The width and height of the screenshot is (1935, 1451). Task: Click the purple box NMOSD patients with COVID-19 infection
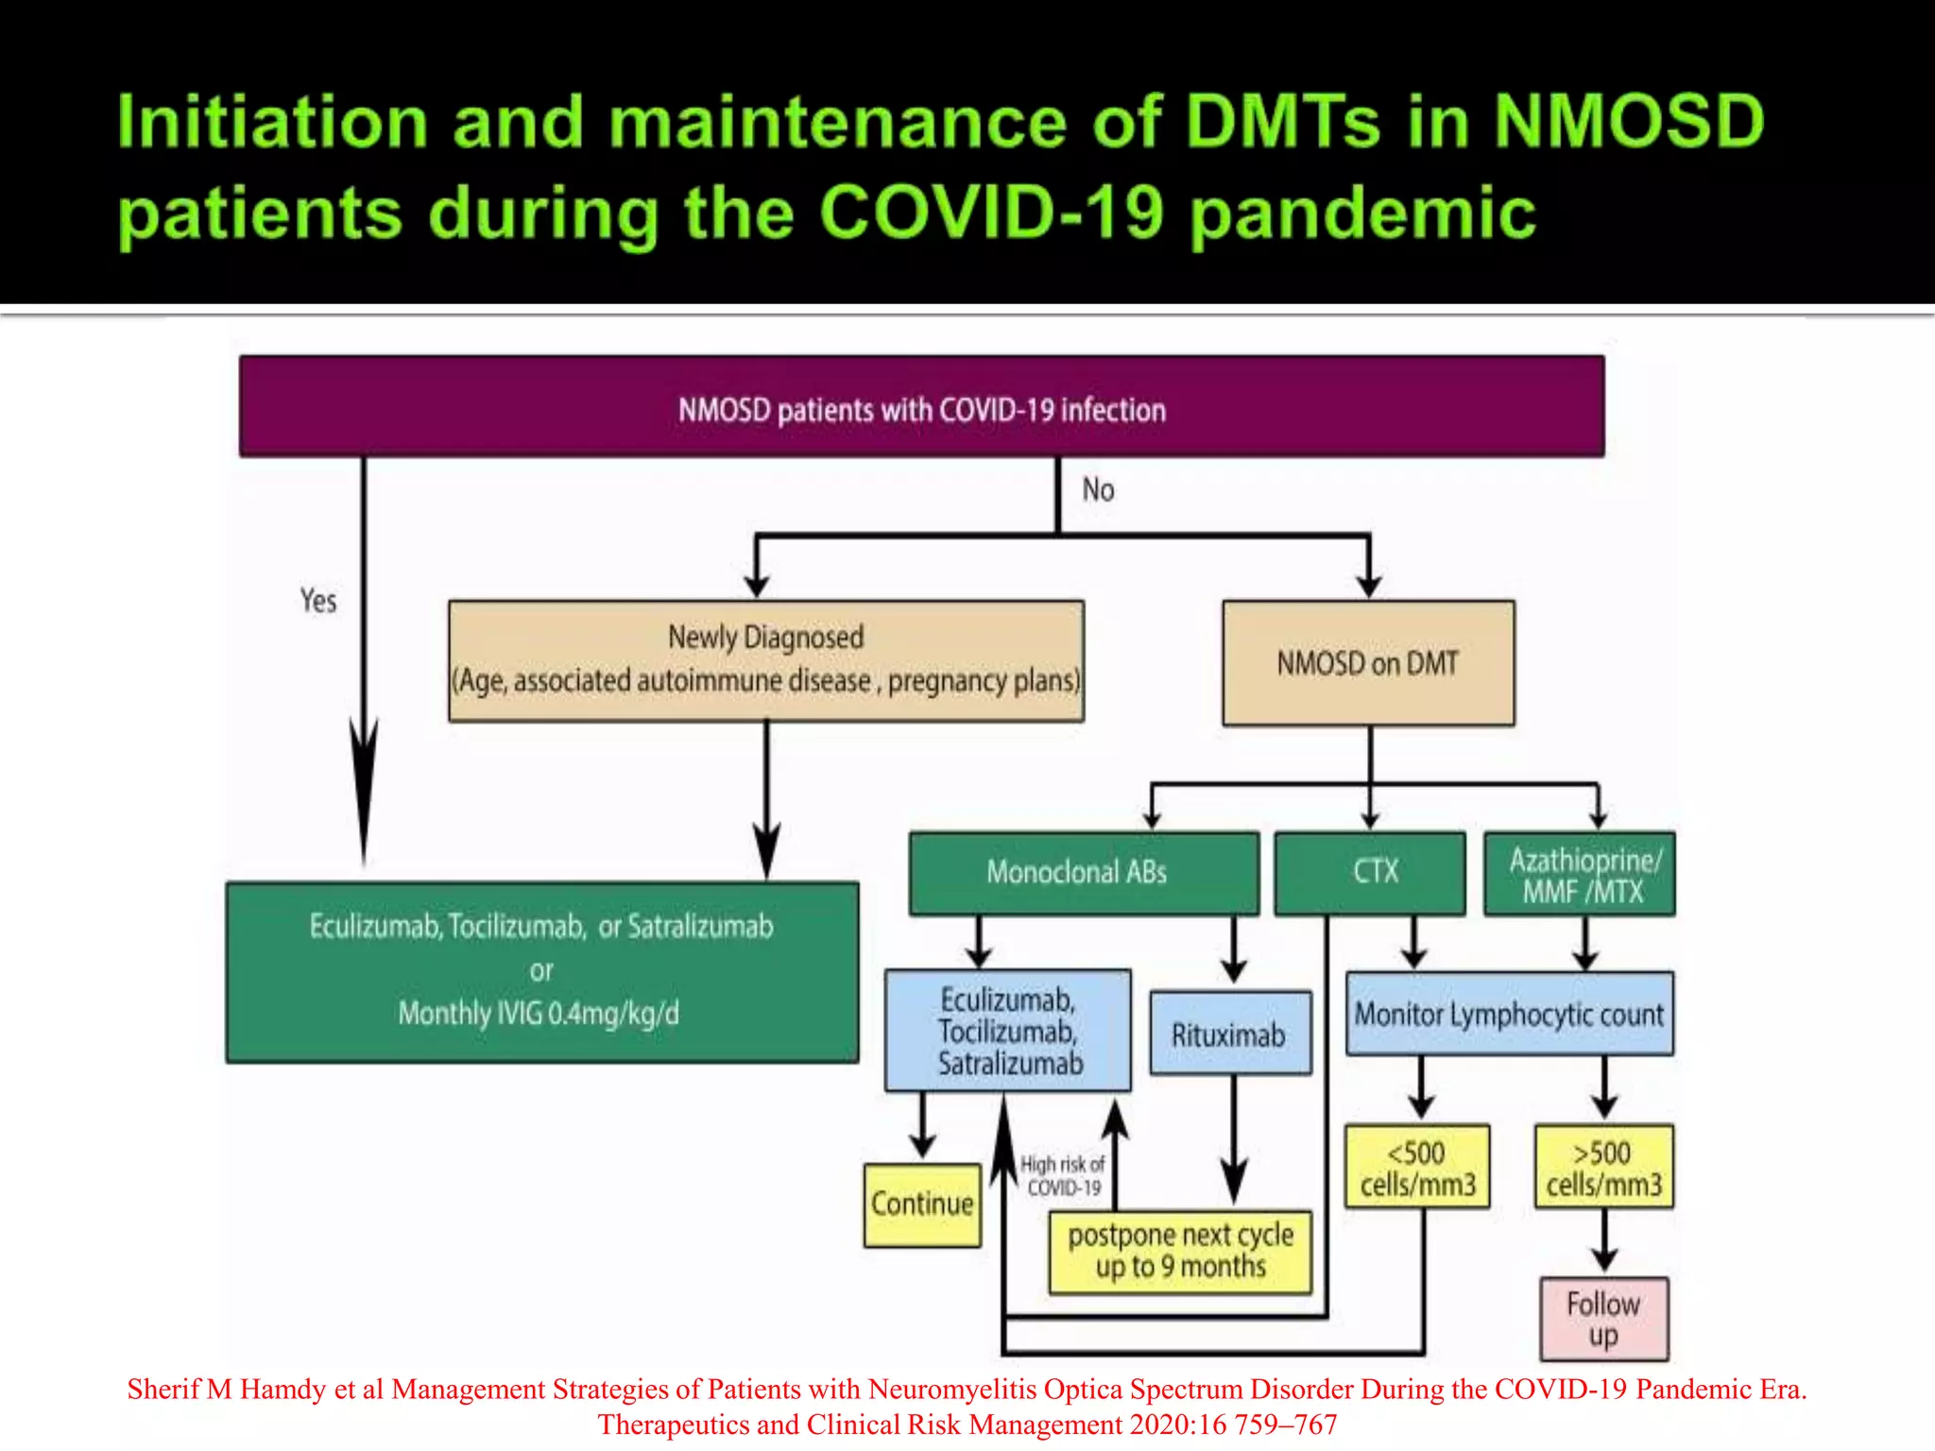pyautogui.click(x=921, y=407)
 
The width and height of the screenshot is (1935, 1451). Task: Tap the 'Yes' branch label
pyautogui.click(x=318, y=601)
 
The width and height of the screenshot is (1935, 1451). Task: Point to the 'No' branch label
pyautogui.click(x=1098, y=489)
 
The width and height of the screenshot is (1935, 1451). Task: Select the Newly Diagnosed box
pyautogui.click(x=765, y=660)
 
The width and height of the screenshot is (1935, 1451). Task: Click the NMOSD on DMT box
pyautogui.click(x=1368, y=663)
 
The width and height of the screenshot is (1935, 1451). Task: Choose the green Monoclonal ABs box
pyautogui.click(x=1083, y=872)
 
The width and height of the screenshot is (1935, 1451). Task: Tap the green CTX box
pyautogui.click(x=1370, y=872)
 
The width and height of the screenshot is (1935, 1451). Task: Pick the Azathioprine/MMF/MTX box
pyautogui.click(x=1580, y=874)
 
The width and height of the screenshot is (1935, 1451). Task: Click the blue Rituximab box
pyautogui.click(x=1230, y=1034)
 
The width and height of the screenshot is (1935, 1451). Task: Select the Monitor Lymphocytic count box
pyautogui.click(x=1509, y=1015)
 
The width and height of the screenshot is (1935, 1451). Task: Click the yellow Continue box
pyautogui.click(x=922, y=1204)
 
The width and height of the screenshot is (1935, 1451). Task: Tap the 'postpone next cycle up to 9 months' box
pyautogui.click(x=1180, y=1252)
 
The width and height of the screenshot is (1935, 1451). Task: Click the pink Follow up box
pyautogui.click(x=1603, y=1319)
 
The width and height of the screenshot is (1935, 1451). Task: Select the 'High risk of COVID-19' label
pyautogui.click(x=1063, y=1176)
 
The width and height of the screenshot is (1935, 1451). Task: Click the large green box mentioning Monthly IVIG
pyautogui.click(x=542, y=971)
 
